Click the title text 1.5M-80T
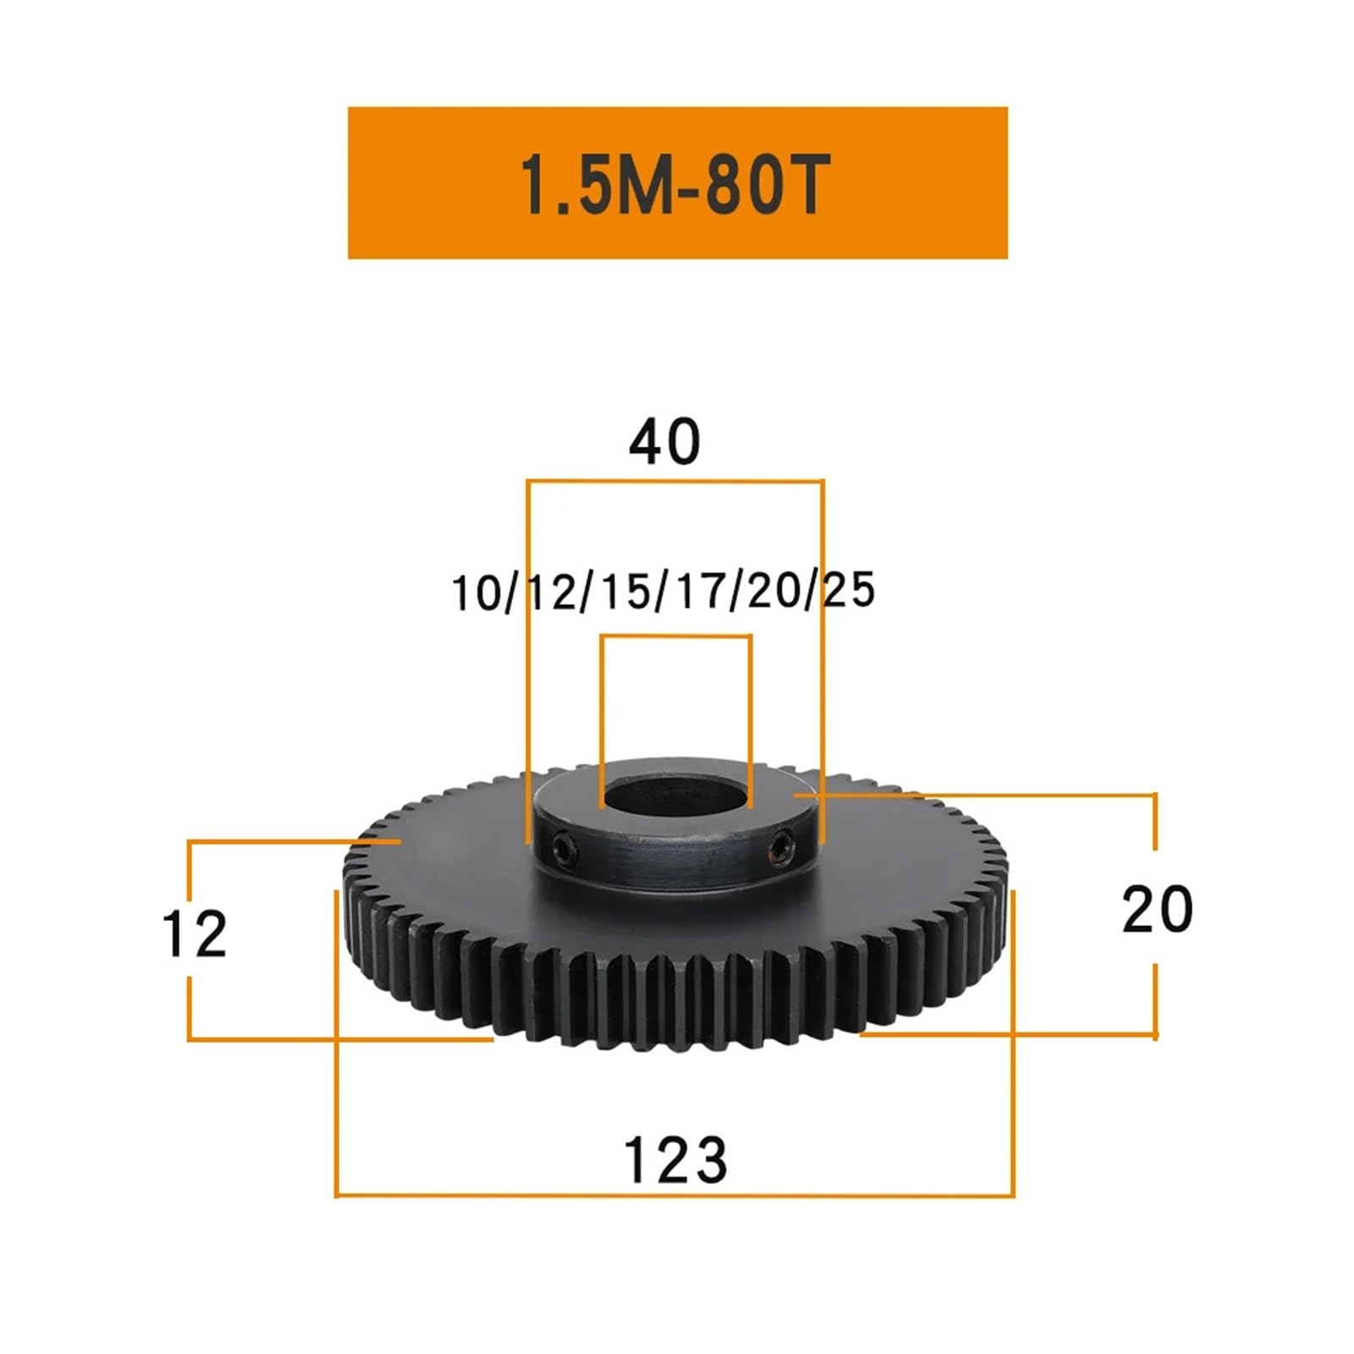(x=674, y=184)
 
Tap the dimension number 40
(x=664, y=442)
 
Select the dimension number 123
(x=675, y=1160)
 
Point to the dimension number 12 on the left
(x=195, y=934)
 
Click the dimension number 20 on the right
(x=1157, y=910)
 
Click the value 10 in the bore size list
(x=476, y=592)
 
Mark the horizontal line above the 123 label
(x=675, y=1196)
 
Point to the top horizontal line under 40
(x=675, y=482)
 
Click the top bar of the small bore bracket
(x=676, y=636)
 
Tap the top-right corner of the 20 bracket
(x=1155, y=795)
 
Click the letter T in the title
(x=801, y=184)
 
